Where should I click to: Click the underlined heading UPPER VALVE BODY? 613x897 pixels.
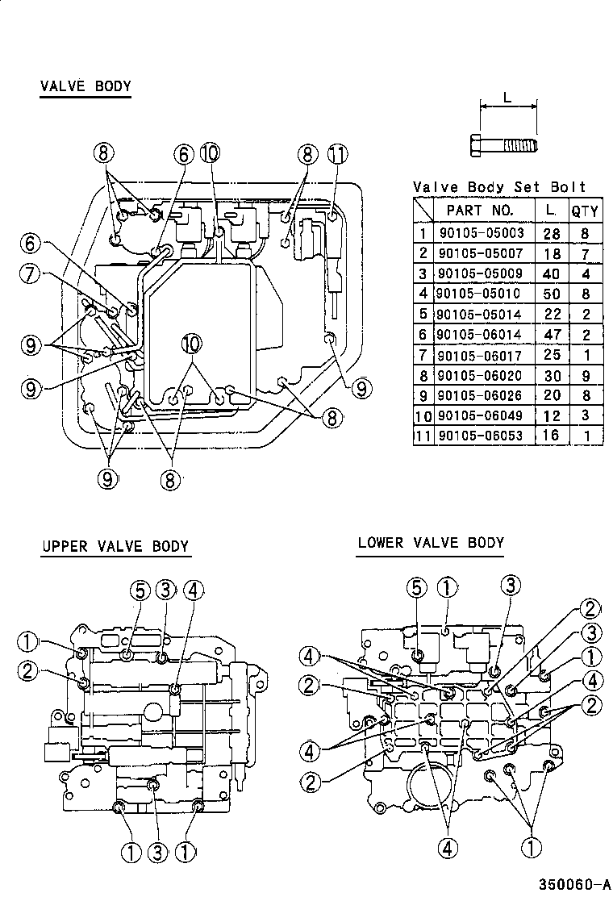point(115,546)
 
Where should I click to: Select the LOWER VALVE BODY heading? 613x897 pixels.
point(431,543)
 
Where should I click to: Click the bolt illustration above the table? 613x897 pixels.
point(502,146)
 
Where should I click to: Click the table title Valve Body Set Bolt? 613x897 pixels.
point(499,187)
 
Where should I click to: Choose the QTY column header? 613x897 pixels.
point(585,211)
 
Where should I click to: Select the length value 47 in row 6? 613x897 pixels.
point(552,335)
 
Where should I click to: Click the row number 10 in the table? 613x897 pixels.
point(423,415)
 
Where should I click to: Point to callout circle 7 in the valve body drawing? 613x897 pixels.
point(31,274)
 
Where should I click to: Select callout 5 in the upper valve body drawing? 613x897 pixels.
point(139,590)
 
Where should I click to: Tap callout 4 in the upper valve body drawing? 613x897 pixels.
point(192,590)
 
